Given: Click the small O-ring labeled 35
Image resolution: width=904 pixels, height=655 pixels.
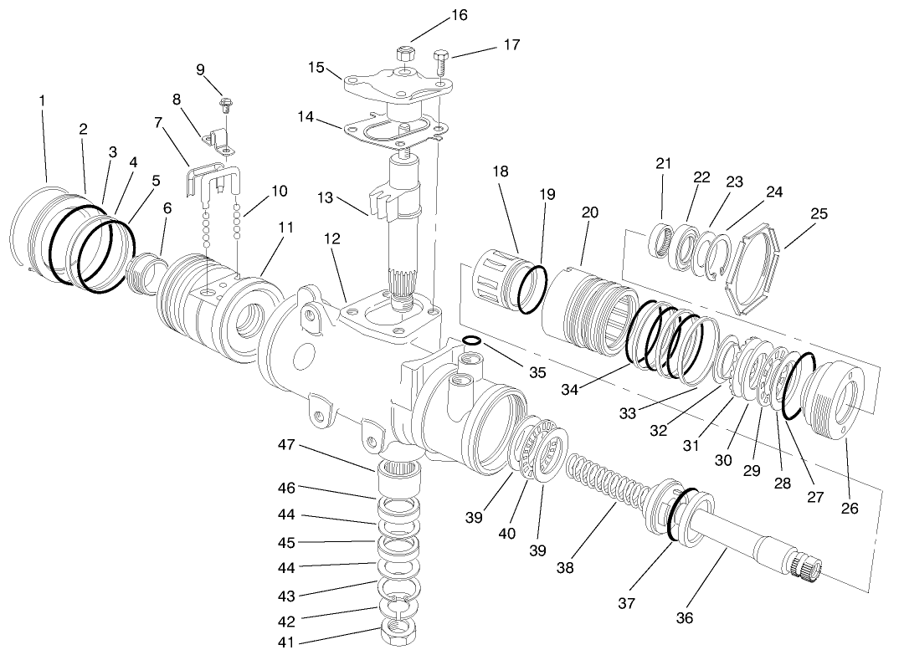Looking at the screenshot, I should point(471,340).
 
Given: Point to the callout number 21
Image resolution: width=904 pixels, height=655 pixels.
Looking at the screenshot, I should point(664,164).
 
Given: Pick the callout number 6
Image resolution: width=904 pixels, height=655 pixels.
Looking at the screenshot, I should point(167,213).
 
